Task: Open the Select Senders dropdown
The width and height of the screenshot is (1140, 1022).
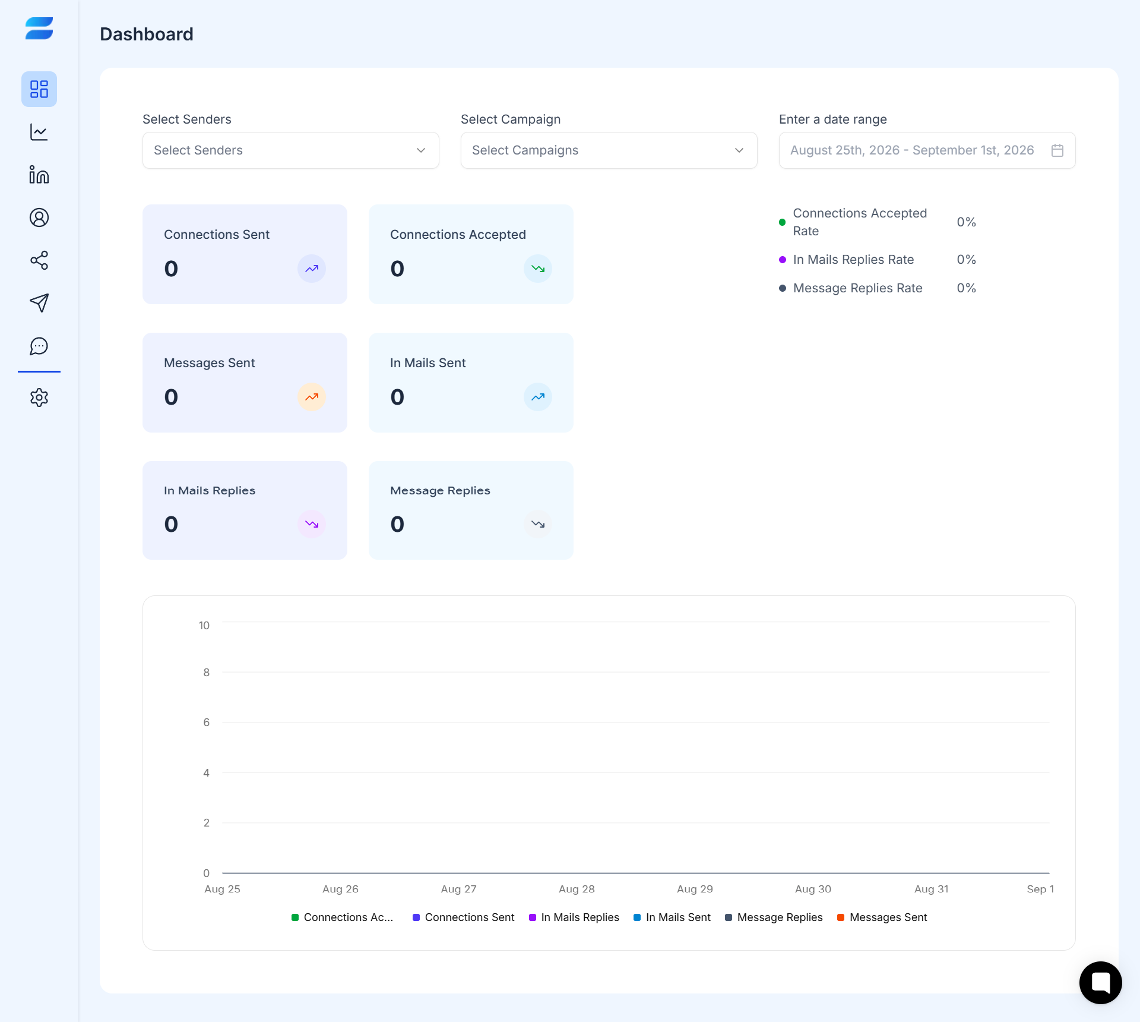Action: (290, 150)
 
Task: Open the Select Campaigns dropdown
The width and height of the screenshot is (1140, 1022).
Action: (609, 150)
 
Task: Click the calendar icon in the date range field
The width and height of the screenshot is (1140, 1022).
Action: (1057, 150)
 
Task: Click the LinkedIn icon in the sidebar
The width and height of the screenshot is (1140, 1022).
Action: (39, 175)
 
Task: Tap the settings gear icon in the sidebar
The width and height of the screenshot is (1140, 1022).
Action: (39, 398)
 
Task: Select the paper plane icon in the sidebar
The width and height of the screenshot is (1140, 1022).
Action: (39, 303)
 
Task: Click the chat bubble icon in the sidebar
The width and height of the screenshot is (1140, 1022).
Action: (39, 346)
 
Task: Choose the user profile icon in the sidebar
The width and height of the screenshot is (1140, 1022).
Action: (39, 217)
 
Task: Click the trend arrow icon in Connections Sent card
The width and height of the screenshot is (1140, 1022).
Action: (312, 269)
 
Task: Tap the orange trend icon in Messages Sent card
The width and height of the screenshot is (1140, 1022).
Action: (312, 397)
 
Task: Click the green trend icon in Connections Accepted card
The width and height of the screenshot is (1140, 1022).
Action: (538, 269)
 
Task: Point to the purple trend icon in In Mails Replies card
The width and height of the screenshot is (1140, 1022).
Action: (312, 524)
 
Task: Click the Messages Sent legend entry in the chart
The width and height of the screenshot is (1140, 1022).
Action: (882, 917)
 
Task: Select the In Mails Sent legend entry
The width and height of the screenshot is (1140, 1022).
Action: (672, 917)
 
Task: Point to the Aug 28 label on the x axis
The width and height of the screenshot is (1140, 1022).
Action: (577, 889)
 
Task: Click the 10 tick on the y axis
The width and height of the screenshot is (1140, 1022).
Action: (204, 625)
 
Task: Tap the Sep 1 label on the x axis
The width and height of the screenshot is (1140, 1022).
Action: (1040, 889)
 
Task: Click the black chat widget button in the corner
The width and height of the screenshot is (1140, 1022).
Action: (1101, 983)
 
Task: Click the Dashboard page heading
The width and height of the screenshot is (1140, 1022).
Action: (147, 34)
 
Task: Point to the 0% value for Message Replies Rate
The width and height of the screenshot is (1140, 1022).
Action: (966, 288)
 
